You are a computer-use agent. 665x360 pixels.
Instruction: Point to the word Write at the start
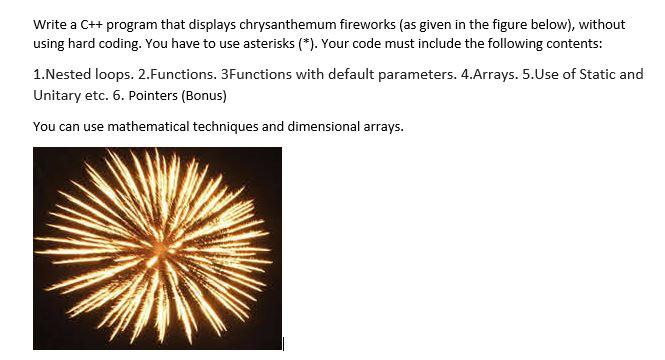(x=50, y=23)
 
